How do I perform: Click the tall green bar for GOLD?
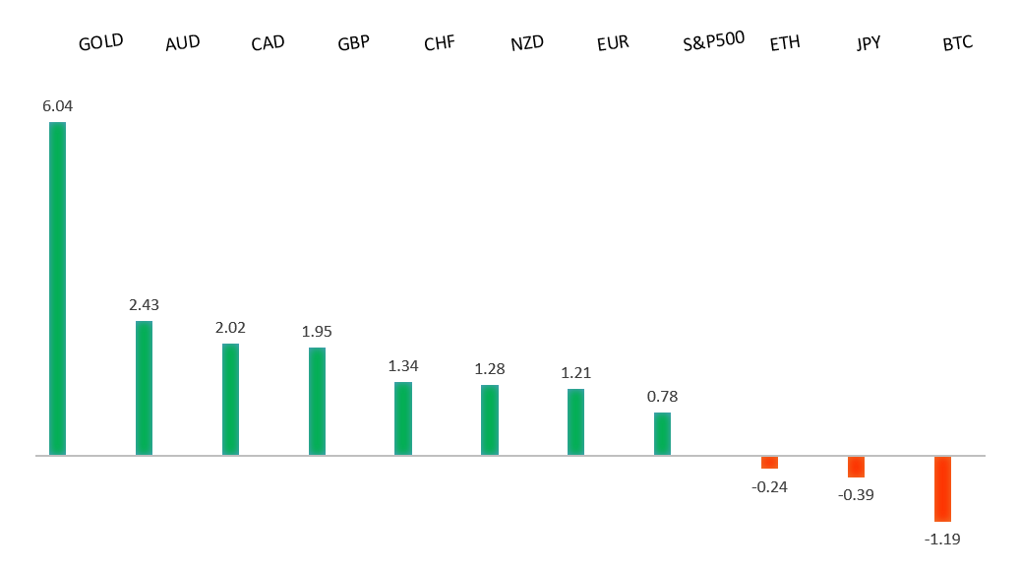[57, 288]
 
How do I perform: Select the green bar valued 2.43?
[144, 388]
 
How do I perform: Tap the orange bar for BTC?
[942, 488]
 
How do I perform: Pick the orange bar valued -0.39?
[856, 467]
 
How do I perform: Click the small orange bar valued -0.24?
[769, 463]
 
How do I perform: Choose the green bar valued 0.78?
[662, 434]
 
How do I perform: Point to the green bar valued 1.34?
[403, 418]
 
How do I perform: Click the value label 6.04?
[57, 104]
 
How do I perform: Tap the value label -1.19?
[942, 539]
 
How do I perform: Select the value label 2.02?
[230, 327]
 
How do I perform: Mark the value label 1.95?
[317, 331]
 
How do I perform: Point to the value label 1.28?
[489, 368]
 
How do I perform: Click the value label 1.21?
[575, 372]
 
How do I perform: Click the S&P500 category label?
[713, 42]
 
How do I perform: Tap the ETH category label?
[785, 43]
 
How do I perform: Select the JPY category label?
[870, 43]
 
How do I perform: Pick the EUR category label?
[612, 43]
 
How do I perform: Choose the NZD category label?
[526, 43]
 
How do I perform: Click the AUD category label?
[182, 43]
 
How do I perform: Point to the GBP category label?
[353, 43]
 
